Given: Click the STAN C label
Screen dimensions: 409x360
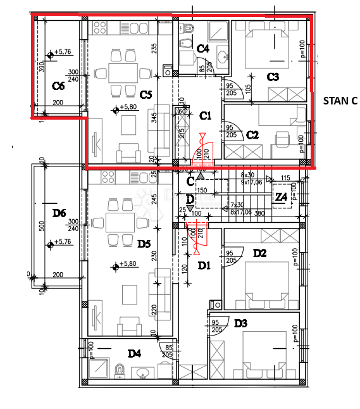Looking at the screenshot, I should [x=340, y=100].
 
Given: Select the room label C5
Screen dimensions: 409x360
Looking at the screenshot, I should [x=146, y=94].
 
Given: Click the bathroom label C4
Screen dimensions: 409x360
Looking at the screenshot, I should [x=203, y=48].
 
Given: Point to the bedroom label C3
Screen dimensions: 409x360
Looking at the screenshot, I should [x=273, y=77].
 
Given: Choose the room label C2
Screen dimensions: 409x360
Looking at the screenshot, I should [x=252, y=134].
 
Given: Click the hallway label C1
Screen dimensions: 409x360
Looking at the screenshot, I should [x=206, y=116].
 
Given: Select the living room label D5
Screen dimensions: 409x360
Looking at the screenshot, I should [x=144, y=243].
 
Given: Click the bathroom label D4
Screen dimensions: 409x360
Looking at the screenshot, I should [x=133, y=353].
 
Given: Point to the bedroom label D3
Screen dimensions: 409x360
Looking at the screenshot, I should [x=240, y=324].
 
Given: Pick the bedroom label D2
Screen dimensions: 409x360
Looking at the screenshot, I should [x=259, y=254].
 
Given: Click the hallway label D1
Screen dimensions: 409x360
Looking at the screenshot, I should [x=204, y=265].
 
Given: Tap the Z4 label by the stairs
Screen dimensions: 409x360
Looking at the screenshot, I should [x=281, y=197].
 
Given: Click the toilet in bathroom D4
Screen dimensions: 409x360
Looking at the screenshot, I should [x=119, y=369].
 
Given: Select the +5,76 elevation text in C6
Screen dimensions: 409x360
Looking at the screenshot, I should [x=63, y=52].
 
